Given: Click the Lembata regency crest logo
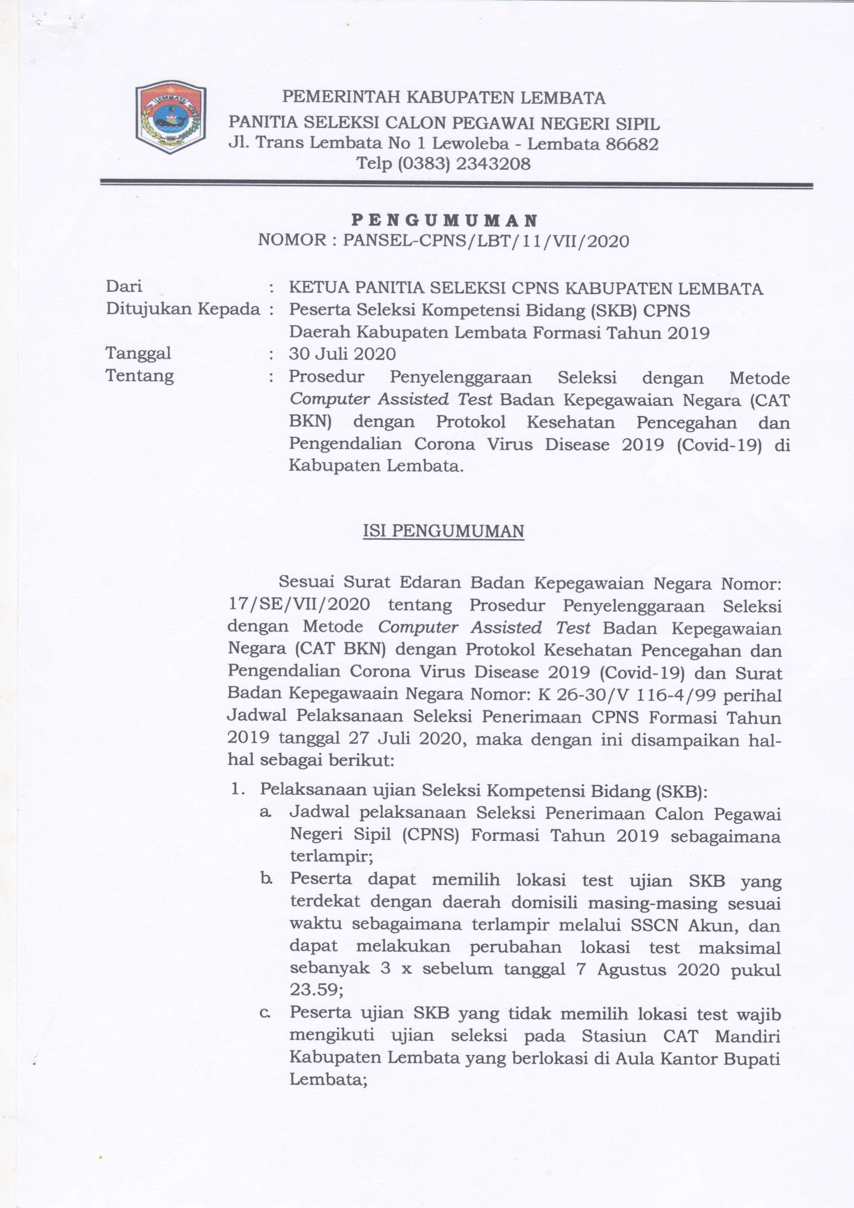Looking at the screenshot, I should coord(170,120).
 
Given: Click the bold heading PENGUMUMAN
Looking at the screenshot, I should coord(444,220).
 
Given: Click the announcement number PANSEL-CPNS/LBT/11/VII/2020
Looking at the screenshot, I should coord(486,241).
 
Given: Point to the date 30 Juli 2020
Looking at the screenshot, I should coord(342,353).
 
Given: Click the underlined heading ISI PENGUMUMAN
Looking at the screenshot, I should coord(444,531).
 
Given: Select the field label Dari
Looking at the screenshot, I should coord(124,287).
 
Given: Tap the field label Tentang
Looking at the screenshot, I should coord(140,376).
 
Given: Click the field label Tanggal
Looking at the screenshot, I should coord(138,353).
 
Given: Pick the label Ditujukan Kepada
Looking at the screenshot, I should coord(183,310).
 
